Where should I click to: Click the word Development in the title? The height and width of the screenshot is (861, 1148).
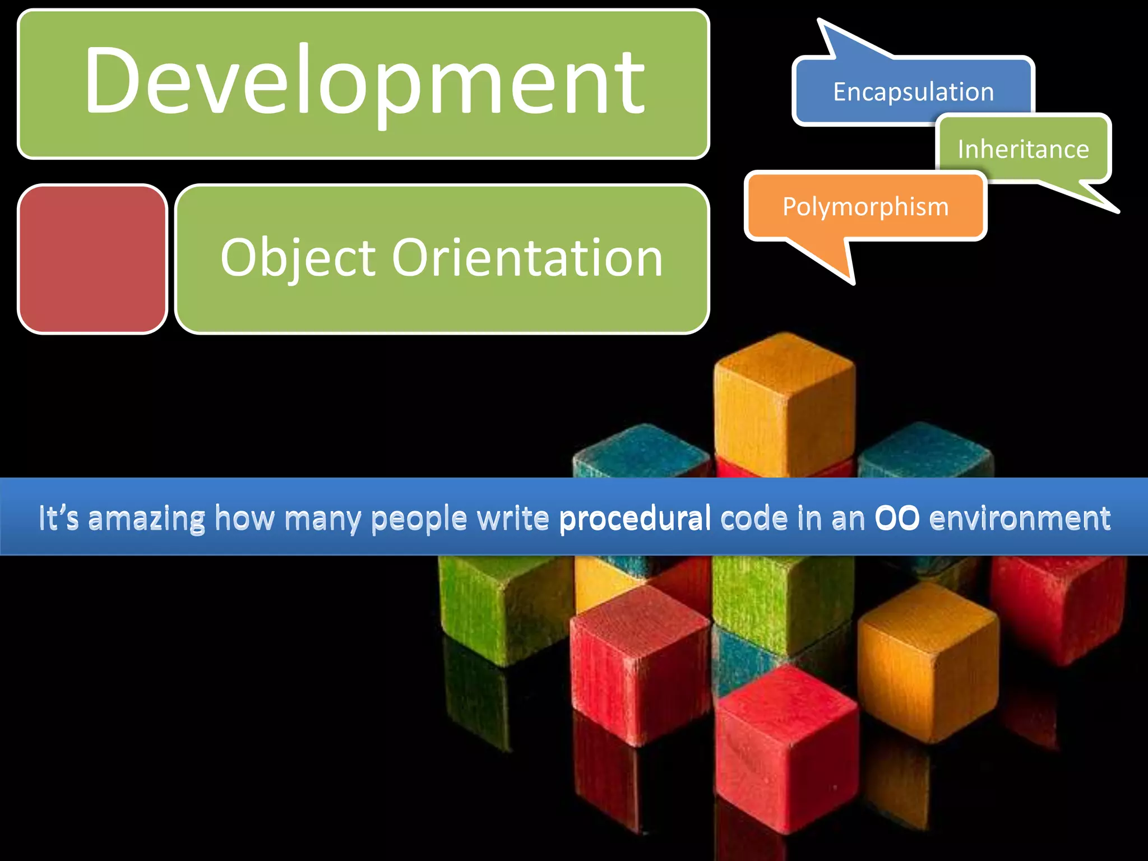point(364,81)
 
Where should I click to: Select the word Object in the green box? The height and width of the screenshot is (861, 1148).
point(297,258)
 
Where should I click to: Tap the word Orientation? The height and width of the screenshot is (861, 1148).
point(527,258)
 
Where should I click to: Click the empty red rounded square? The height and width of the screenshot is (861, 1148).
point(92,259)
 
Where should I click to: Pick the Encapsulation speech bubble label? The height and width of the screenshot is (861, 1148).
point(913,92)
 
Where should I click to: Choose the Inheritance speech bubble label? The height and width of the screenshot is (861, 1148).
point(1023,150)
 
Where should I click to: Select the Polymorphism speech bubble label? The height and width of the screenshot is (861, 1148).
point(865,207)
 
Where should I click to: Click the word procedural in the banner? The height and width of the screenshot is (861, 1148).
point(635,518)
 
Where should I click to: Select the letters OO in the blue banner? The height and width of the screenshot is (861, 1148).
point(897,518)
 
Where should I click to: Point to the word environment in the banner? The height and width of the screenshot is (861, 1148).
point(1020,518)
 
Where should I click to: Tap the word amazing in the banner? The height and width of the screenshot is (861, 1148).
point(147,518)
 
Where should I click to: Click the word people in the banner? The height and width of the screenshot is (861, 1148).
point(419,518)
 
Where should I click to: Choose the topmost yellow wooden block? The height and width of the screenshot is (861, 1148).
point(785,404)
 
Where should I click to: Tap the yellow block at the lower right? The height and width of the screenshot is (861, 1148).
point(928,661)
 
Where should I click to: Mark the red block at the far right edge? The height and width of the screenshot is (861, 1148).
point(1065,605)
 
